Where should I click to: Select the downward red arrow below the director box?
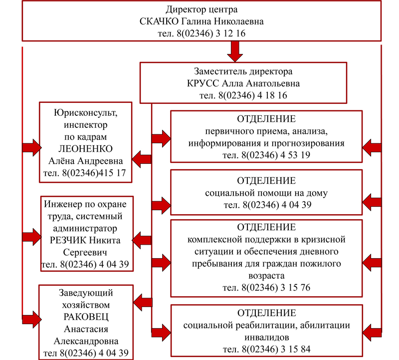click(234, 50)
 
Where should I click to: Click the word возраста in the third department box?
click(266, 275)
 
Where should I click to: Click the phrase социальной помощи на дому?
click(266, 192)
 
